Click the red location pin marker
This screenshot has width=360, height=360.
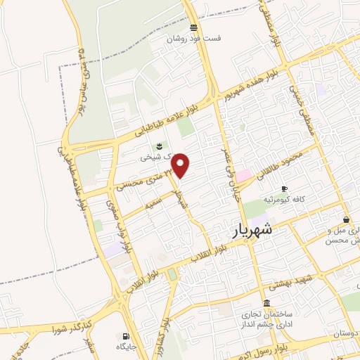tap(181, 165)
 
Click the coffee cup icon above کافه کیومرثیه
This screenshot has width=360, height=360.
tap(284, 188)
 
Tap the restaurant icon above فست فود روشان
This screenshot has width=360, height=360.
tap(193, 27)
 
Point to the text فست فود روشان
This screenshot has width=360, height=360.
tap(193, 39)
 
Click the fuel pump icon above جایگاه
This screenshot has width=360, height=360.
tap(126, 336)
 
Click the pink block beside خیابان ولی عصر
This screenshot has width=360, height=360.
tap(243, 174)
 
